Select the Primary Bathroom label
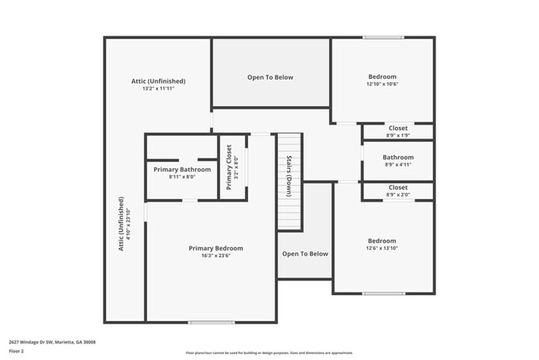[x=182, y=169]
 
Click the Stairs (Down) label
[x=289, y=175]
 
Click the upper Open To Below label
[x=270, y=77]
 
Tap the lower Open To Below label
[x=305, y=254]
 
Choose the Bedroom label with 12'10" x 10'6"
[x=382, y=76]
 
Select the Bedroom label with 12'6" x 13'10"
[x=382, y=241]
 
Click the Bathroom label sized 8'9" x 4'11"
[x=398, y=158]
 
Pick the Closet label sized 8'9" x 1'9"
[x=398, y=129]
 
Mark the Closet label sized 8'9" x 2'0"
[x=398, y=187]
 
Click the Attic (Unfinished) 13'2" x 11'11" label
[x=158, y=81]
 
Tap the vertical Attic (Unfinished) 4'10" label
[x=122, y=224]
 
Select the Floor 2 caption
[x=17, y=351]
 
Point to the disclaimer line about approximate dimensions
[x=269, y=352]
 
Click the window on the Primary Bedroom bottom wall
[x=211, y=322]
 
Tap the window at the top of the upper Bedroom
[x=383, y=37]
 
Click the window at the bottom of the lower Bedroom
[x=383, y=293]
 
